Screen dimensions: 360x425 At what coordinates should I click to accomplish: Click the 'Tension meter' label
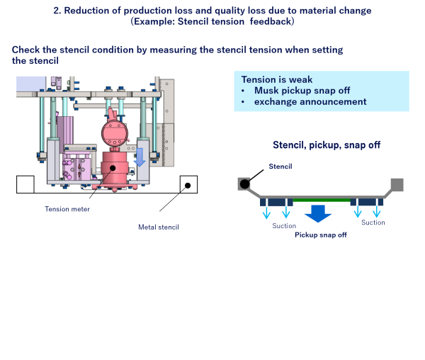point(67,208)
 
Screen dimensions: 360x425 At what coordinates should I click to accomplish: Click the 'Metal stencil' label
point(159,227)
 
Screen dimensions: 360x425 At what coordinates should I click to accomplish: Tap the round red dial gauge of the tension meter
point(115,133)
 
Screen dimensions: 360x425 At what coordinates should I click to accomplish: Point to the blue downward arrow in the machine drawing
point(140,157)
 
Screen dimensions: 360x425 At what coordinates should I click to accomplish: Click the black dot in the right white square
point(188,185)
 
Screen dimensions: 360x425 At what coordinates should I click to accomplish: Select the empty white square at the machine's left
point(25,184)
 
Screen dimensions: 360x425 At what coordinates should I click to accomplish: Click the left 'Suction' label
point(284,226)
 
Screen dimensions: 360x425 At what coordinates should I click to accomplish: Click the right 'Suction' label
point(373,223)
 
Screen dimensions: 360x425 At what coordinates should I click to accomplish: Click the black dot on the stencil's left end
point(244,184)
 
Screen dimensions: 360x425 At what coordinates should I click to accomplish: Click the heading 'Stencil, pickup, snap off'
point(327,145)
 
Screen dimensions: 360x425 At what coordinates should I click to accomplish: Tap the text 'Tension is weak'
point(277,79)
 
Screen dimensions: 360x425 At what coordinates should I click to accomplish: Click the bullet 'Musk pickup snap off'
point(302,91)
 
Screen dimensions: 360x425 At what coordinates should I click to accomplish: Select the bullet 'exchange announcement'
point(310,102)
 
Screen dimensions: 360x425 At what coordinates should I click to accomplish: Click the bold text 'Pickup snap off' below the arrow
point(320,234)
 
